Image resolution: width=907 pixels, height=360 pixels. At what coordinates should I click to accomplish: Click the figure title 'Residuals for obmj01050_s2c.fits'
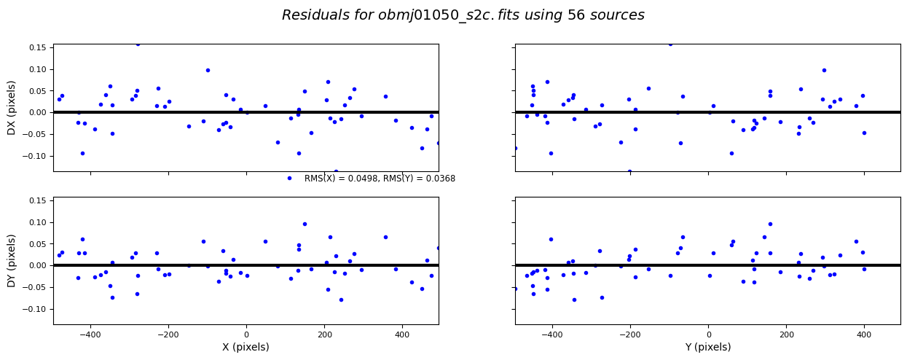pos(463,15)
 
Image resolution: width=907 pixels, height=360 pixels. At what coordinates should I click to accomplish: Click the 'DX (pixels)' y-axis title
pos(12,108)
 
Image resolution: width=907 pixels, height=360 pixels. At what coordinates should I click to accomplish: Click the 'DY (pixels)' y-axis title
pos(12,260)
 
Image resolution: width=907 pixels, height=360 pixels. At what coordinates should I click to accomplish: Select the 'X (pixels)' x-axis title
pos(246,348)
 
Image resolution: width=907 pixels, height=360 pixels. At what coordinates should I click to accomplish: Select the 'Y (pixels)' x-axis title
pos(707,348)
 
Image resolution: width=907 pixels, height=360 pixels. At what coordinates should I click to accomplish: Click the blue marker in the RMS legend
pos(289,179)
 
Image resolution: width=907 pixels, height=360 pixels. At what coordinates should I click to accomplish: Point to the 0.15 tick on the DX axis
pos(36,48)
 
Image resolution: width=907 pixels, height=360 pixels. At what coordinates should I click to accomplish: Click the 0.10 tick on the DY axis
pos(36,222)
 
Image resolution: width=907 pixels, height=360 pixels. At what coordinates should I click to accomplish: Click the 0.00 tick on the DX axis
pos(36,113)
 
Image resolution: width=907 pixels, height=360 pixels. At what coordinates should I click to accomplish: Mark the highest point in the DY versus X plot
pos(305,224)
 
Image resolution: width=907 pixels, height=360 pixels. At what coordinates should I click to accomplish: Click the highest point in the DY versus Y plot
pos(770,224)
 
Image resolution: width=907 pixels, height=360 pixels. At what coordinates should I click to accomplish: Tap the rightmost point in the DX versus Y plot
pos(864,133)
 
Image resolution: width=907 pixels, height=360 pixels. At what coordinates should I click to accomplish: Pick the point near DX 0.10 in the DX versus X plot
pos(208,70)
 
